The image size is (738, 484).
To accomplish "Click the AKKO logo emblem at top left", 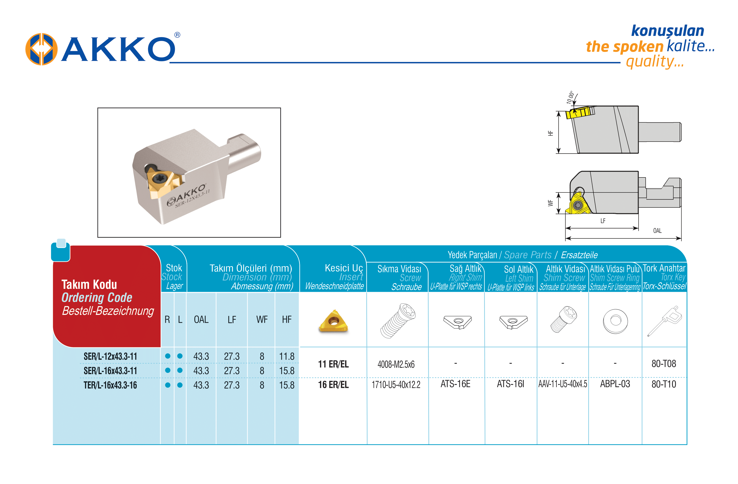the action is tap(41, 49).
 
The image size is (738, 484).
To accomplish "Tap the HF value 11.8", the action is tap(287, 356).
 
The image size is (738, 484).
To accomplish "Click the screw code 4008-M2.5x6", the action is tap(396, 364).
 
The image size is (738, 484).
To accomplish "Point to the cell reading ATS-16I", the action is tap(510, 384).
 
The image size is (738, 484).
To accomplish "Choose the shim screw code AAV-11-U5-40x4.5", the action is tap(563, 384).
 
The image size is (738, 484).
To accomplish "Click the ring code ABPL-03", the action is tap(615, 384).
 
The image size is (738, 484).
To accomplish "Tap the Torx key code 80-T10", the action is tap(663, 384).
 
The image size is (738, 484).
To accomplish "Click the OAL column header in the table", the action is tap(201, 320).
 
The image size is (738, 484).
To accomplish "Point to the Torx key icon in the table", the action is tap(664, 321).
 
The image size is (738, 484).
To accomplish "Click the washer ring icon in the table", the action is tap(615, 321).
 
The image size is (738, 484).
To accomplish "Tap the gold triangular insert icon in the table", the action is tap(333, 321).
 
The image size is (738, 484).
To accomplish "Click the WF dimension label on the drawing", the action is tap(550, 203).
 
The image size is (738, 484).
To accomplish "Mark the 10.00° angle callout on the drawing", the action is tap(570, 97).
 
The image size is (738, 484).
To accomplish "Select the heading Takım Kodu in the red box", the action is tap(89, 284).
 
